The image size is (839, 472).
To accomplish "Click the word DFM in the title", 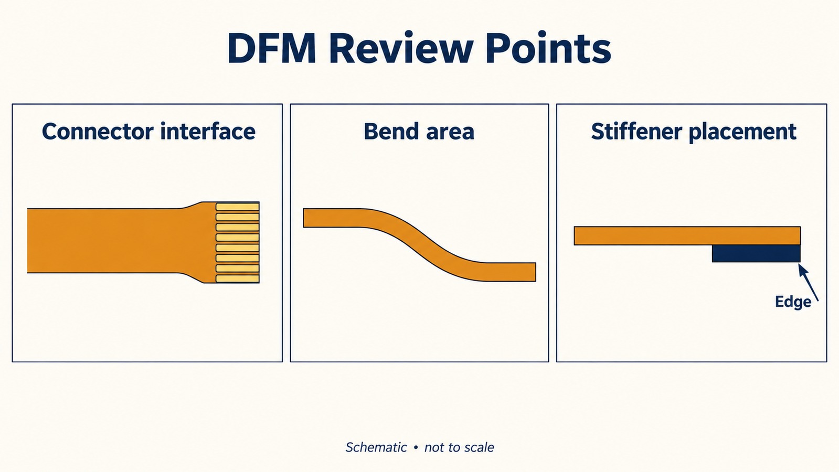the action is (x=272, y=48).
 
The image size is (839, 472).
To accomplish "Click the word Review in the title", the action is (x=401, y=48).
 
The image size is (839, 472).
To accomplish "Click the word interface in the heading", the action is (x=208, y=131).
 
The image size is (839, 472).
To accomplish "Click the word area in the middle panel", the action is (x=448, y=133).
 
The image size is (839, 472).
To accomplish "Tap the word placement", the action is (x=743, y=132).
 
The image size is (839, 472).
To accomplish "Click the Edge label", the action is (x=793, y=302).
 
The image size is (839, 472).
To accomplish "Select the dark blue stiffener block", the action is (x=756, y=253).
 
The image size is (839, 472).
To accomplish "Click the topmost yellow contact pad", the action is (x=238, y=207).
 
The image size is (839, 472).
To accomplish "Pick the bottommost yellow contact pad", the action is (x=238, y=279).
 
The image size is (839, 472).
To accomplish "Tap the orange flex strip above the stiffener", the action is (x=687, y=236).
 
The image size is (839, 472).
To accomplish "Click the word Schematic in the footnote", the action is (x=376, y=447).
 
